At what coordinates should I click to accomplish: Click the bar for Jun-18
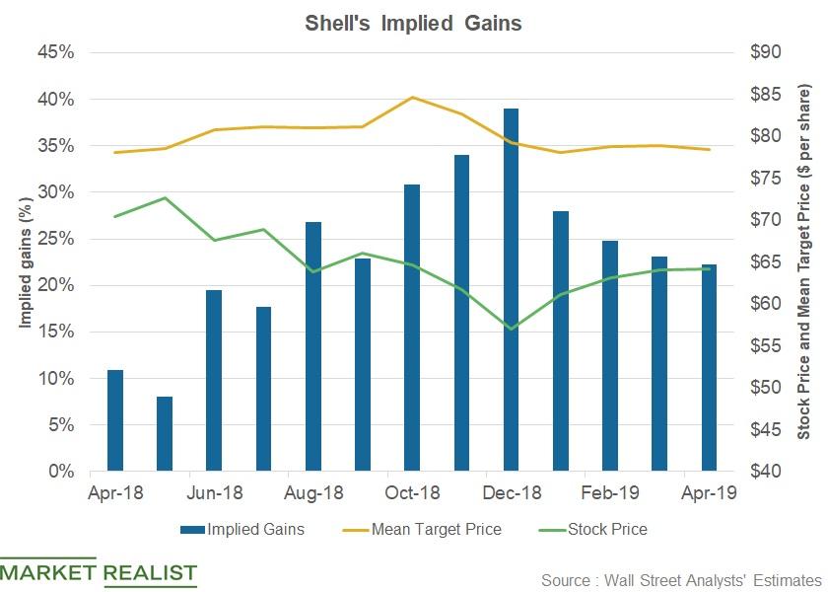[x=214, y=381]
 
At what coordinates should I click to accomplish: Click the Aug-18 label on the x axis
[x=313, y=492]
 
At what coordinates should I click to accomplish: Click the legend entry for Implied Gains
[x=242, y=530]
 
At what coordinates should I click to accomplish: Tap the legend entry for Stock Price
[x=595, y=530]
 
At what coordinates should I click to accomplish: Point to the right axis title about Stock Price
[x=804, y=261]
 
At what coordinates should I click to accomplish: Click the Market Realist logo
[x=99, y=574]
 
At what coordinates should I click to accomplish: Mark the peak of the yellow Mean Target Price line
[x=412, y=97]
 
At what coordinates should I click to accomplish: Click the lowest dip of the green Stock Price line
[x=511, y=329]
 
